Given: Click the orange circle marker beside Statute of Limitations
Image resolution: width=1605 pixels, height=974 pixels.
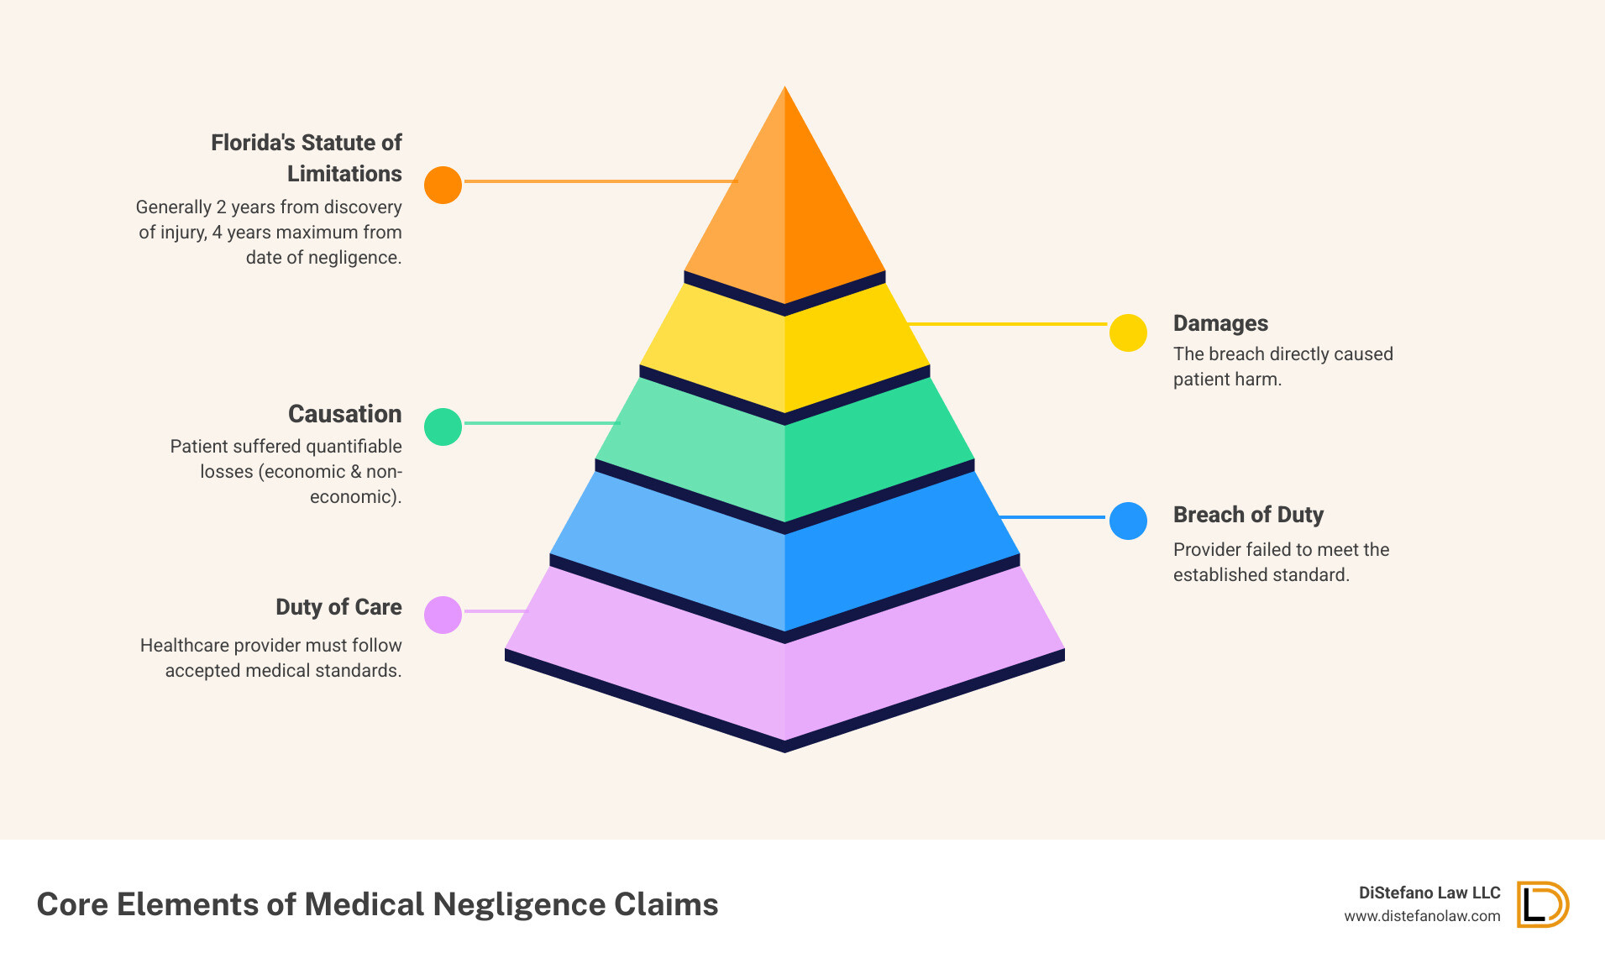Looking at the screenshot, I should click(443, 185).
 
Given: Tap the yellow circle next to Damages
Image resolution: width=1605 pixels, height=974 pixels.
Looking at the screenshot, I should click(1128, 333).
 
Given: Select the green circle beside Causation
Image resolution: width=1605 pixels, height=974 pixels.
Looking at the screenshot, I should click(443, 427).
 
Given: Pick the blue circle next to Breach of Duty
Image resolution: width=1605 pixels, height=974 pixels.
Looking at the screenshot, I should click(1128, 521).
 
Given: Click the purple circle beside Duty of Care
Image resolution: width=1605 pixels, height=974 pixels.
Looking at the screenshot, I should click(443, 615).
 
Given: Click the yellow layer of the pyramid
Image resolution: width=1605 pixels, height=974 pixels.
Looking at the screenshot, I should click(784, 353).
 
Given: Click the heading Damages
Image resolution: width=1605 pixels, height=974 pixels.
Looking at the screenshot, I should click(1220, 323).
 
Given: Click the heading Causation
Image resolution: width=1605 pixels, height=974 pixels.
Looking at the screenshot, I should click(344, 414).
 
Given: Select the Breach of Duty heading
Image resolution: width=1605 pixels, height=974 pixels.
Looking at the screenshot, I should click(1248, 515).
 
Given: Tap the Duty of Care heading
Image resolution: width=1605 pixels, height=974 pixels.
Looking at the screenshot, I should click(338, 607).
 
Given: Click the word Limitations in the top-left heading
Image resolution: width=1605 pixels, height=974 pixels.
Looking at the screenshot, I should click(344, 174).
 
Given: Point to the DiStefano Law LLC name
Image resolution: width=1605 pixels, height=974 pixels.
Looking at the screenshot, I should click(1429, 893).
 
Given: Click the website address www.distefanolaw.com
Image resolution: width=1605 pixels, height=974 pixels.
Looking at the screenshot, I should click(1422, 916).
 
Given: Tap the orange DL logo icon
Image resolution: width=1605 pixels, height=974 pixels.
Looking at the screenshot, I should click(1542, 904).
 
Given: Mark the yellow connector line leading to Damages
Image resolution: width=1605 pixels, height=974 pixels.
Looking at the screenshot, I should click(1008, 323).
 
